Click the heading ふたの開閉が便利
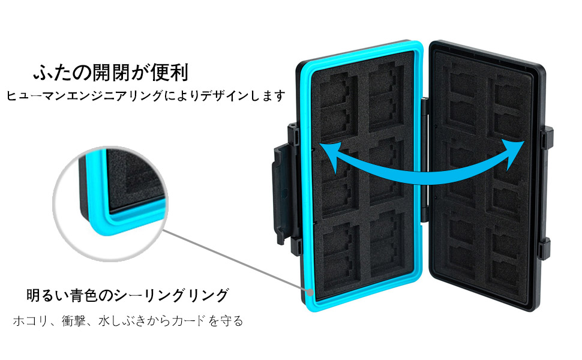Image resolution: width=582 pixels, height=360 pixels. point(110,73)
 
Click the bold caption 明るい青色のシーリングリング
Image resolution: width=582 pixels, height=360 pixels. point(127,296)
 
